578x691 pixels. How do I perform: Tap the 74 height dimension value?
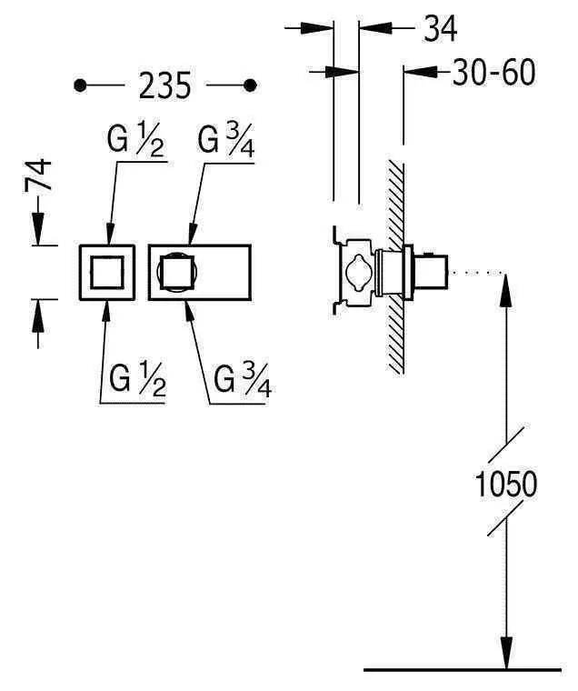38,175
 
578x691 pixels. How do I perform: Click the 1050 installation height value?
506,484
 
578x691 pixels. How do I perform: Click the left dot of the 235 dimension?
81,85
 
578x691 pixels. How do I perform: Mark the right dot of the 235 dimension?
251,85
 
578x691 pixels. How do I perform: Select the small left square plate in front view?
106,272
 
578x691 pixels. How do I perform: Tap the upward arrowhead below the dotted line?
506,286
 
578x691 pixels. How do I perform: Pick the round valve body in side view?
355,272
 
